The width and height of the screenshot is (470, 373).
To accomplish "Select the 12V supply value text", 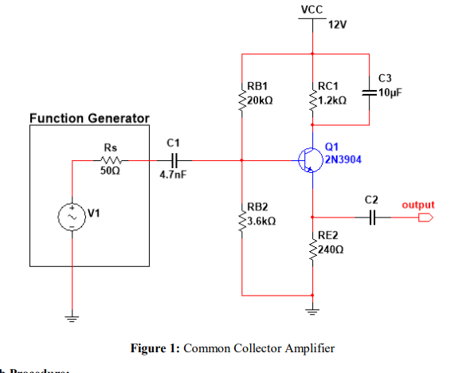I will pos(337,25).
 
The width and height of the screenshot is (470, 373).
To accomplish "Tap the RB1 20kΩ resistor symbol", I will pos(242,96).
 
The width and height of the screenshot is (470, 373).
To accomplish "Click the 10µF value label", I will pos(390,92).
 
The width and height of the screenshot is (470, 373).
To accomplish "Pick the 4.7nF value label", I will pos(172,175).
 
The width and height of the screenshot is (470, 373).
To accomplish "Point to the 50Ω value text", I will pos(110,171).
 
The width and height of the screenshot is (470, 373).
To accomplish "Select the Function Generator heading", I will pos(89,119).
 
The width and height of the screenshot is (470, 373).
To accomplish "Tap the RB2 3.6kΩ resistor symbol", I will pos(242,214).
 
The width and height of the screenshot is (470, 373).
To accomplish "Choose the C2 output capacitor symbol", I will pos(371,216).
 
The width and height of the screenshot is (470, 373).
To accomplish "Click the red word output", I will pos(418,205).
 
